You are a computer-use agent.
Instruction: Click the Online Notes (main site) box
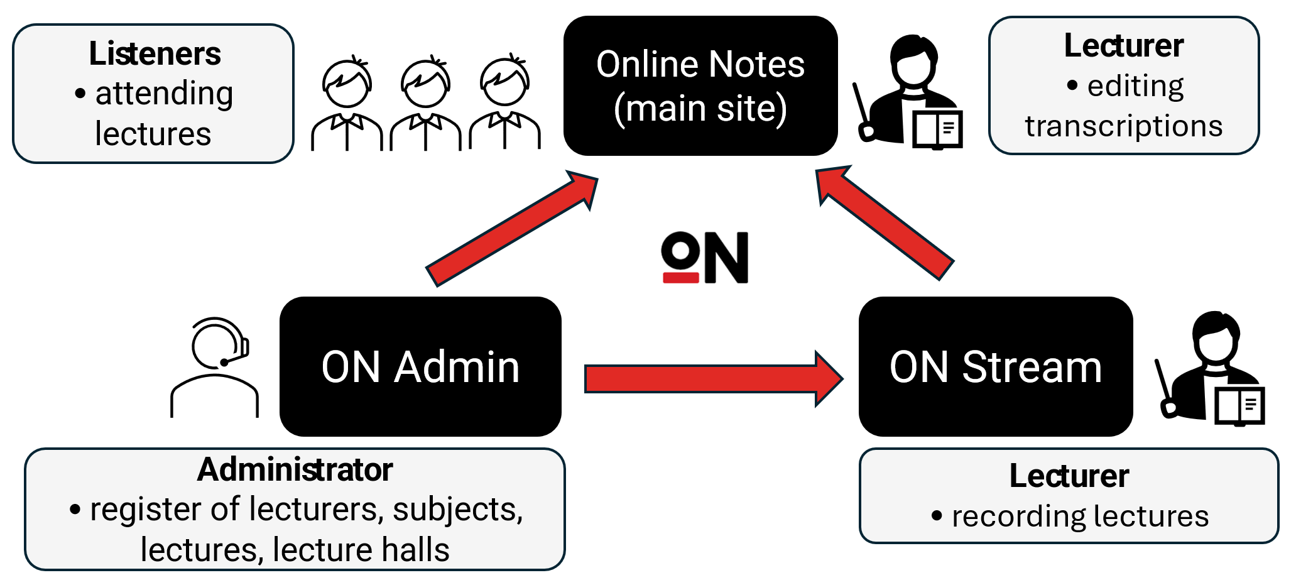point(700,86)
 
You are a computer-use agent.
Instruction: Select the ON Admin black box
point(420,367)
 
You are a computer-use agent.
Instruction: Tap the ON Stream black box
point(996,367)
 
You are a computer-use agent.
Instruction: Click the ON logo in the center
point(705,258)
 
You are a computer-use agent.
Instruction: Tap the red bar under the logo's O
point(681,278)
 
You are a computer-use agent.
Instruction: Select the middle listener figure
point(426,104)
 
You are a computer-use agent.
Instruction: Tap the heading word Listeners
point(155,53)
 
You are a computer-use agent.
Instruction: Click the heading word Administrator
point(295,469)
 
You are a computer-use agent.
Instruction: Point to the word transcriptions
point(1123,126)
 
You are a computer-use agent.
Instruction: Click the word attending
point(164,94)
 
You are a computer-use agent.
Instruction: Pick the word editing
point(1135,86)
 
